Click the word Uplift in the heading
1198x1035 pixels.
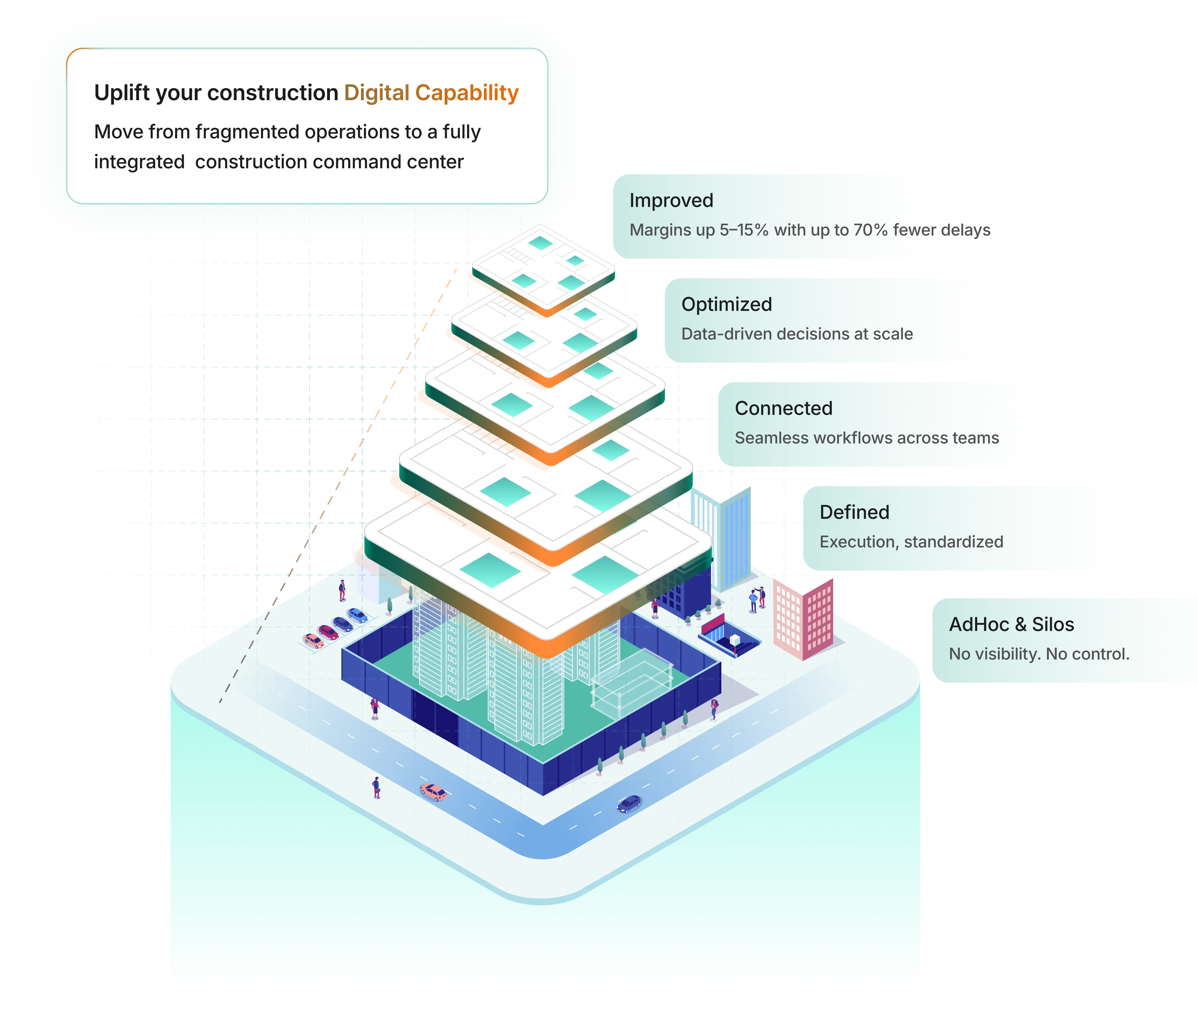119,93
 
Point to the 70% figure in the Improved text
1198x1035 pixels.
870,230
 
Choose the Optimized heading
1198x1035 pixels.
726,304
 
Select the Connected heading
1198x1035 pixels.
783,408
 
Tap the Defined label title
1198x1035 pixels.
854,512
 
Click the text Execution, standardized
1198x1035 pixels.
911,542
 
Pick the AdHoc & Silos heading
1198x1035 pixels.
1011,624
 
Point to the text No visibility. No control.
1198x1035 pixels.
1039,654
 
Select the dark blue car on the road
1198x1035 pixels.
629,804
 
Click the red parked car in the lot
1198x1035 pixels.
328,633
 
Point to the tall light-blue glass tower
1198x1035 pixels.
722,529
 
